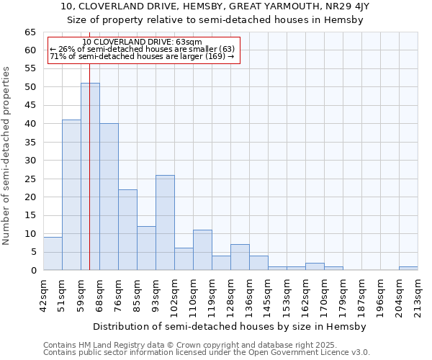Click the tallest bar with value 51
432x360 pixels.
[90, 176]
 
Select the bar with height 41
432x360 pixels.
[71, 194]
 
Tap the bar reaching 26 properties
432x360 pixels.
[165, 222]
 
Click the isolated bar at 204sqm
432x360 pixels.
[408, 269]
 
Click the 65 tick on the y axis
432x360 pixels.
[30, 32]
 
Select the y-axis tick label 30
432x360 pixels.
[30, 161]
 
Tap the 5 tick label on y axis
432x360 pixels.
[32, 252]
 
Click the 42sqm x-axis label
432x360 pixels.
[43, 291]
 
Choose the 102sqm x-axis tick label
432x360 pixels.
[174, 292]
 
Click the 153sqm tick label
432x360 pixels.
[287, 292]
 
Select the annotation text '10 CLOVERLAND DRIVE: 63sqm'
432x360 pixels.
[143, 42]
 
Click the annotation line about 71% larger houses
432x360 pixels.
[142, 56]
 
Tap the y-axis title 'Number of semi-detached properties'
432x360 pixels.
[6, 156]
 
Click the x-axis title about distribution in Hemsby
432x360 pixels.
[230, 326]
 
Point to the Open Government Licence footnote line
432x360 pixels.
[207, 352]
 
